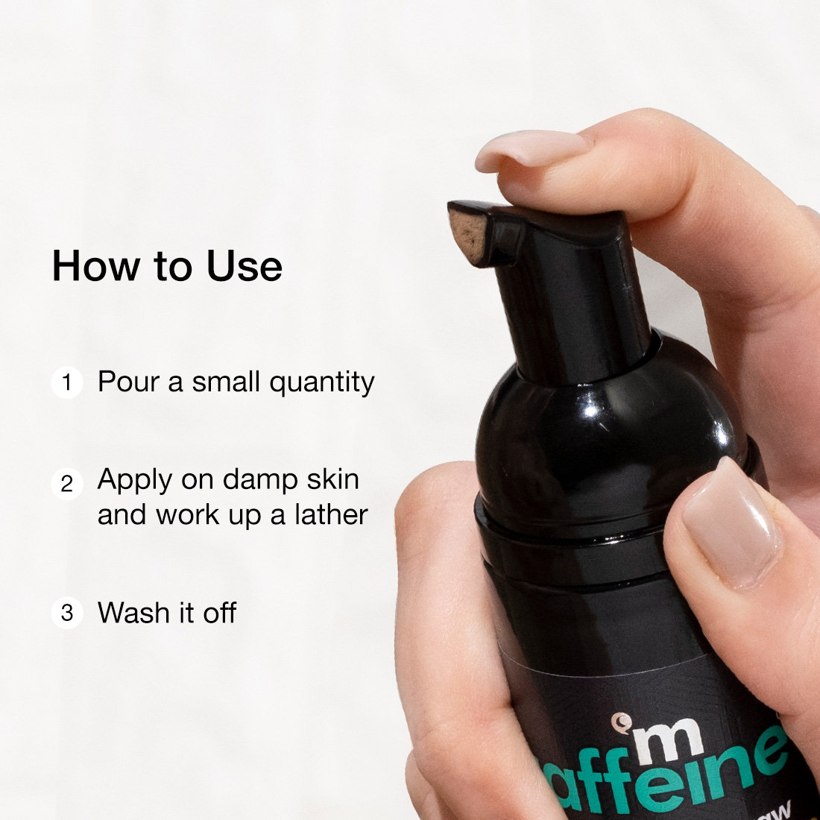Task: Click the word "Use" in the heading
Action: [x=245, y=266]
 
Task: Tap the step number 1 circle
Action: [x=67, y=383]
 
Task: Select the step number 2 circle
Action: [x=67, y=484]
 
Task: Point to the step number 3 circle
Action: [x=67, y=614]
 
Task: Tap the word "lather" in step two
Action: [x=330, y=514]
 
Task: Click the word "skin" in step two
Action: [x=329, y=479]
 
